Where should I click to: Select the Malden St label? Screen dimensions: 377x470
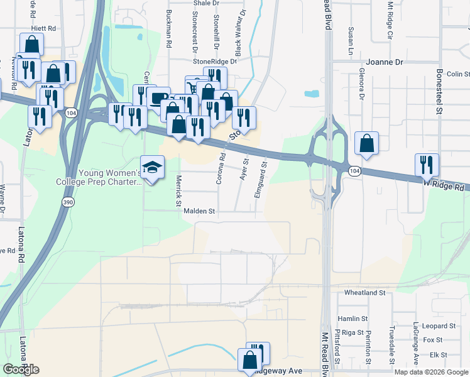coord(199,212)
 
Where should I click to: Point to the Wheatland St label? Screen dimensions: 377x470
coord(364,293)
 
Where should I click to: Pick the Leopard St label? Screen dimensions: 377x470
coord(439,326)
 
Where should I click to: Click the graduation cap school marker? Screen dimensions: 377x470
coord(151,168)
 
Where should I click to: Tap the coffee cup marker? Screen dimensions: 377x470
coord(159,99)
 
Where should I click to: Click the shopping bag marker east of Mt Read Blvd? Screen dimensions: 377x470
coord(366,143)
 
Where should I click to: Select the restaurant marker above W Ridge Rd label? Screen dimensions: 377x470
coord(427,165)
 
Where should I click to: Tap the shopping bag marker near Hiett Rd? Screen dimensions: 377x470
coord(31,46)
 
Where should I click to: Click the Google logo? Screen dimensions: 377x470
coord(21,369)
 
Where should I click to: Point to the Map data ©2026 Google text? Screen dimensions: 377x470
coord(431,372)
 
